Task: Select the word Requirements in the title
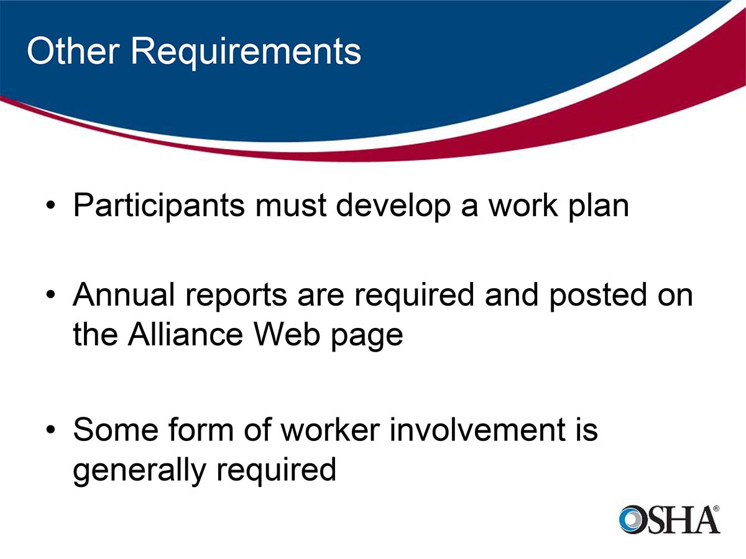pos(245,52)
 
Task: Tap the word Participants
pos(159,206)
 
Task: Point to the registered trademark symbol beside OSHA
pos(716,508)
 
